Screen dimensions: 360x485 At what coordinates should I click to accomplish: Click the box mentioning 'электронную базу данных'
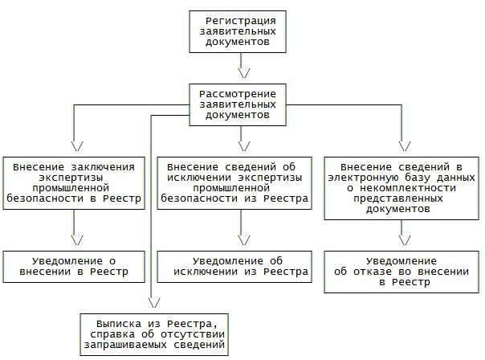coord(401,186)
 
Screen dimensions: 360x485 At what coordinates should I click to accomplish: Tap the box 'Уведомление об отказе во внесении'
coord(401,272)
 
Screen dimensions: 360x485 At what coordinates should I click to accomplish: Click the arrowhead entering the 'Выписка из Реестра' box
coord(153,301)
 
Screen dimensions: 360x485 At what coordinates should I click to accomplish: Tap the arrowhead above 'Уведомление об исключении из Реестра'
coord(242,239)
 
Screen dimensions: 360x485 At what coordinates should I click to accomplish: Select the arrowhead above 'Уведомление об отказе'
coord(401,239)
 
